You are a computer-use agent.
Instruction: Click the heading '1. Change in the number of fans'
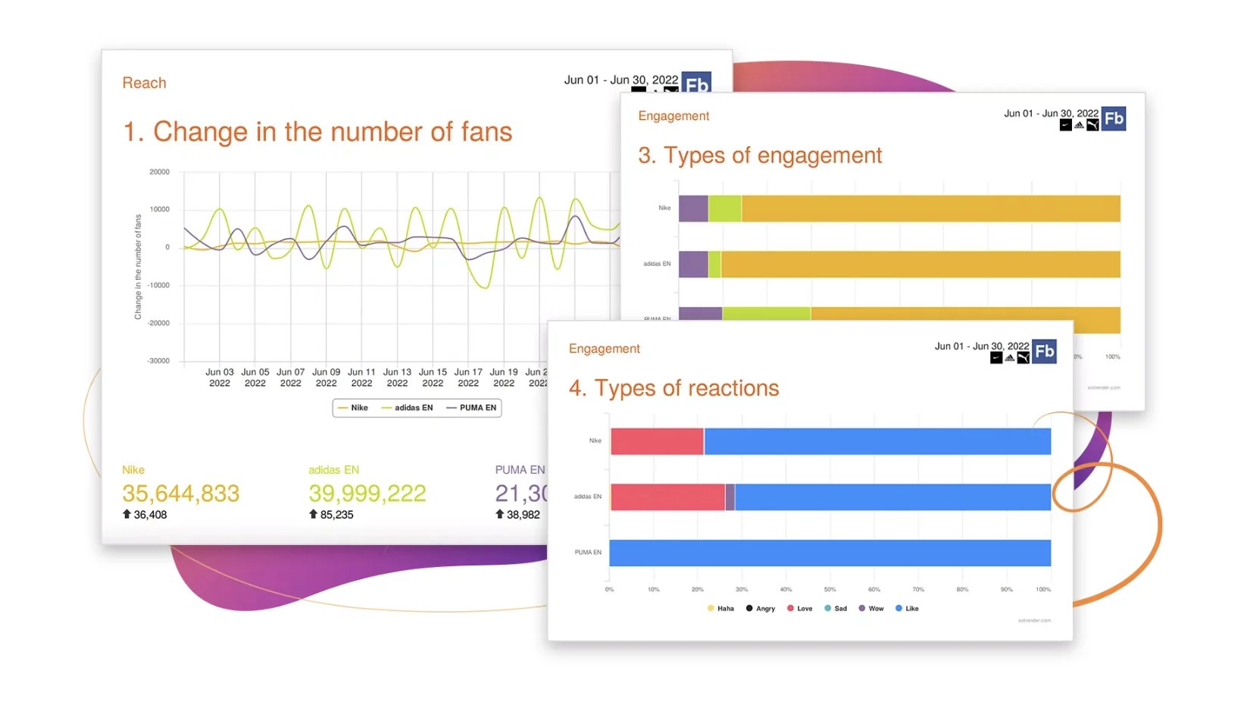pyautogui.click(x=317, y=132)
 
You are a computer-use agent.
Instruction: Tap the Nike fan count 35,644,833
pyautogui.click(x=181, y=493)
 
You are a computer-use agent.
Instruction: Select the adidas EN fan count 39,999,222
pyautogui.click(x=367, y=493)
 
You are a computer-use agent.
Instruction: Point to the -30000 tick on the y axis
pyautogui.click(x=159, y=361)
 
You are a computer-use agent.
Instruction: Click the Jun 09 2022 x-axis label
pyautogui.click(x=326, y=378)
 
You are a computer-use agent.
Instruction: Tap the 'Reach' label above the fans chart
pyautogui.click(x=144, y=83)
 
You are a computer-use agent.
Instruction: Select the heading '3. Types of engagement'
pyautogui.click(x=760, y=155)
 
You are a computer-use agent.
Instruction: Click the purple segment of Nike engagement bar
pyautogui.click(x=693, y=208)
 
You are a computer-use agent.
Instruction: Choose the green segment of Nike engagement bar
pyautogui.click(x=725, y=208)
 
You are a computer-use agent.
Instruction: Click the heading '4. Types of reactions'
pyautogui.click(x=674, y=388)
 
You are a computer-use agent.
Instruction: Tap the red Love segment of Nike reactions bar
pyautogui.click(x=657, y=441)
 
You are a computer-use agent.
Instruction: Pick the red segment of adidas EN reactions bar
pyautogui.click(x=667, y=497)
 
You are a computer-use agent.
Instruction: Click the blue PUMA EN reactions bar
pyautogui.click(x=830, y=553)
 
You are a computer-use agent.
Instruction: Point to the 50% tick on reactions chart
pyautogui.click(x=830, y=589)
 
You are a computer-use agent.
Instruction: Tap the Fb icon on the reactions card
pyautogui.click(x=1045, y=351)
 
